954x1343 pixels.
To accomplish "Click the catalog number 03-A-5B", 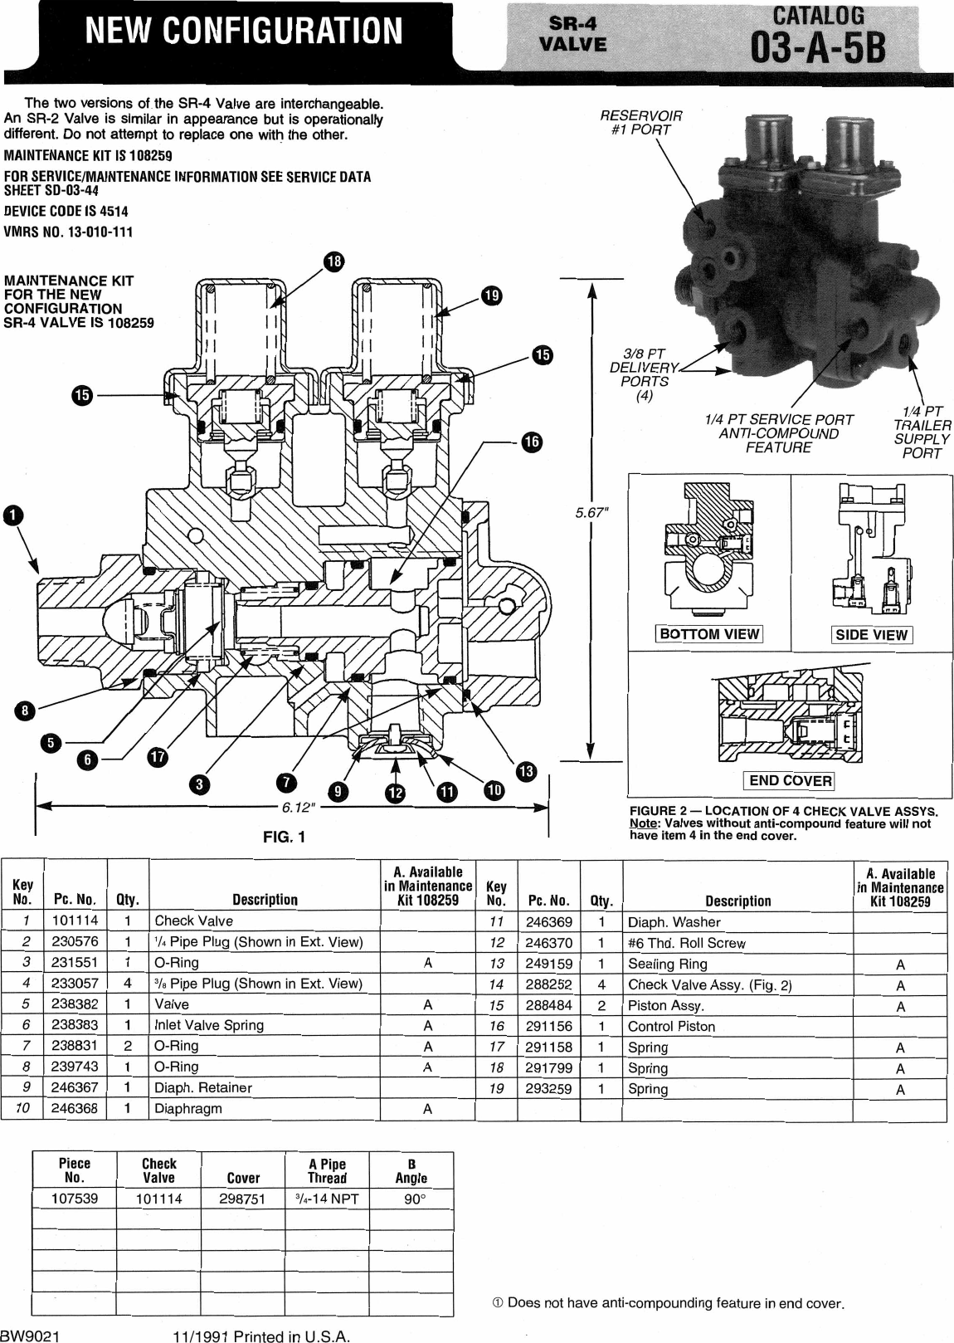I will coord(817,49).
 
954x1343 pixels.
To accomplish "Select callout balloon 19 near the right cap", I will coord(490,295).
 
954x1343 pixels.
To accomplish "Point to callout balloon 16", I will coord(530,442).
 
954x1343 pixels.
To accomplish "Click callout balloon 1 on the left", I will coord(12,515).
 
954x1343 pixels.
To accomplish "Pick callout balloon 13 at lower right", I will coord(526,771).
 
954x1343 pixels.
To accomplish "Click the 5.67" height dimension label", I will coord(592,513).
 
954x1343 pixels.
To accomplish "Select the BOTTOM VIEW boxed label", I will coord(709,634).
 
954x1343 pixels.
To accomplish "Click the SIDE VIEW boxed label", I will coord(871,635).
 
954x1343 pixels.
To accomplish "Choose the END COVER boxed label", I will coord(790,780).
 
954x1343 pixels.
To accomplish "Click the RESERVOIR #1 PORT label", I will coord(640,122).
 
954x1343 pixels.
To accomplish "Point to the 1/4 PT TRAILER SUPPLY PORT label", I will coord(921,432).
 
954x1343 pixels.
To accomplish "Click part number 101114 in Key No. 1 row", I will coord(75,921).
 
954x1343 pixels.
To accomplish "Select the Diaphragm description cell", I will coord(188,1108).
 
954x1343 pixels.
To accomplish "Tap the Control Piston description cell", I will coord(671,1026).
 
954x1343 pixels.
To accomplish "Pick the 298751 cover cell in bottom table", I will coord(243,1199).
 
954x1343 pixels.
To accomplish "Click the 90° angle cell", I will coord(415,1199).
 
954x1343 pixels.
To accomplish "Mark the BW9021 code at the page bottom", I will coord(30,1336).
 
